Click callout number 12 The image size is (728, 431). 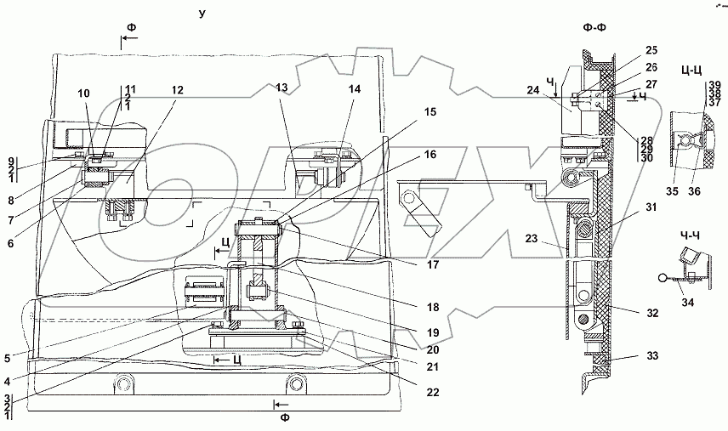click(176, 90)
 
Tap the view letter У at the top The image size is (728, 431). click(202, 14)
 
